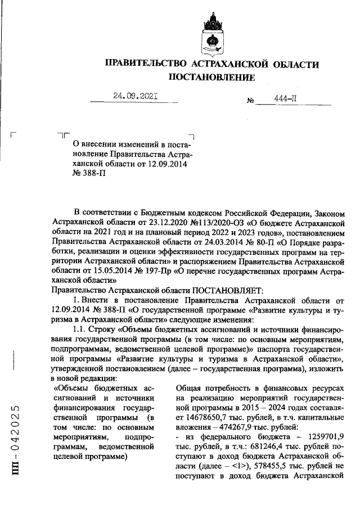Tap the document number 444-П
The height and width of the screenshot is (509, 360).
coord(285,98)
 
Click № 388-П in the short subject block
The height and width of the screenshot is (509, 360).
coord(89,174)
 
